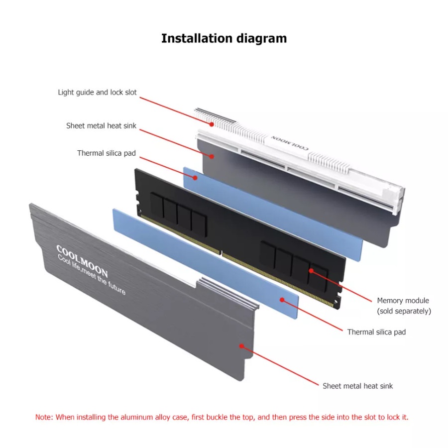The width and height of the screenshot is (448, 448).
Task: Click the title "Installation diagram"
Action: tap(224, 38)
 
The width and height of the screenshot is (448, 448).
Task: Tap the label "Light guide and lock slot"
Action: tap(97, 92)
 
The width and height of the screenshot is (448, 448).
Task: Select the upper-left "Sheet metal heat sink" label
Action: tap(101, 126)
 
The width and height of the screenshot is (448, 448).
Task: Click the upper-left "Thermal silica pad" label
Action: tap(106, 153)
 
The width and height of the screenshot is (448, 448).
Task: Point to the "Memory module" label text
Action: tap(403, 301)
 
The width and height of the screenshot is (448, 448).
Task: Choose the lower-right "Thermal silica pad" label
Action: tap(376, 332)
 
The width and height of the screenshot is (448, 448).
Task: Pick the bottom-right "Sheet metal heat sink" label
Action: tap(357, 386)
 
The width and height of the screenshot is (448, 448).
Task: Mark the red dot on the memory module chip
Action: tap(311, 271)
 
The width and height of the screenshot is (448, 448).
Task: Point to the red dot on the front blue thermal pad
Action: tap(282, 300)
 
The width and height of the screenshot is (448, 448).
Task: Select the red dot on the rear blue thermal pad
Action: tap(196, 177)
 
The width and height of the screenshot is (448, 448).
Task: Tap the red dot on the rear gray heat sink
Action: tap(212, 156)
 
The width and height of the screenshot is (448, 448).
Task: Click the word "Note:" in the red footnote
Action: tap(44, 417)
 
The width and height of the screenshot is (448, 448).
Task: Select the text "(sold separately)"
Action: tap(404, 311)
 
